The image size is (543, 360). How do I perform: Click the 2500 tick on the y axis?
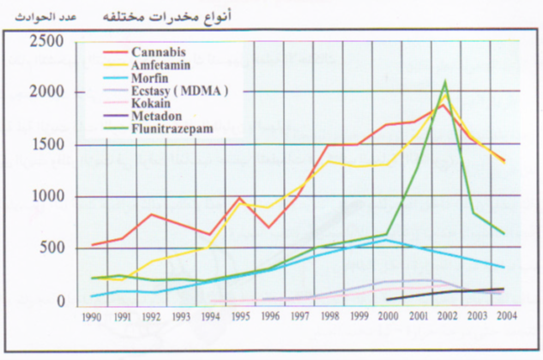(45, 42)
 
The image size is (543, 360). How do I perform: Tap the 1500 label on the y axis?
(45, 145)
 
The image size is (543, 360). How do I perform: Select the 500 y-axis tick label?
(49, 249)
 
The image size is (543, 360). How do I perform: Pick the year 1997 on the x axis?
(299, 316)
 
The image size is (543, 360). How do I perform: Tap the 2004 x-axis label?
(504, 316)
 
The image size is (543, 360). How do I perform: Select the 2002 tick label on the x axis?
(445, 316)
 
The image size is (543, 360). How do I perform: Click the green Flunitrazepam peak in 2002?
(444, 82)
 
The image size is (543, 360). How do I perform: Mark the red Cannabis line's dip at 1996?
(269, 227)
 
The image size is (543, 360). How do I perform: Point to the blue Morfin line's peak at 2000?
(387, 240)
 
